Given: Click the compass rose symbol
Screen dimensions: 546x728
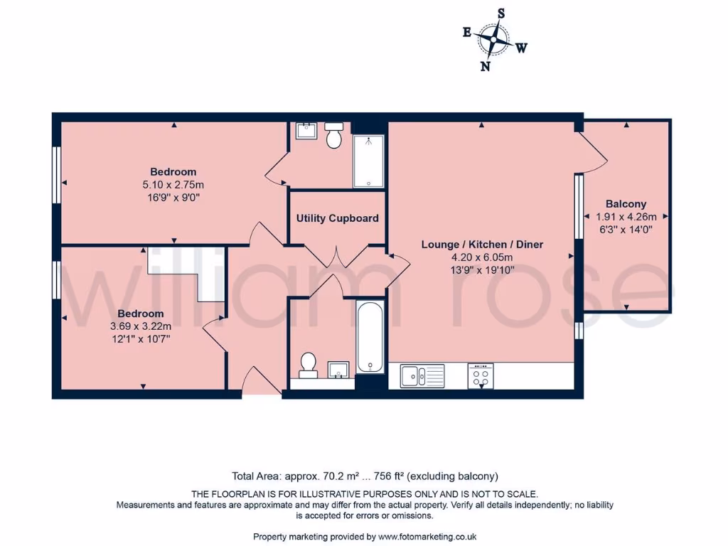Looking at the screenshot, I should (493, 39).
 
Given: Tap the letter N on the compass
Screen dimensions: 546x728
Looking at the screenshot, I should (486, 66).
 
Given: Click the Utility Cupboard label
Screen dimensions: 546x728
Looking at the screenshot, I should (337, 218).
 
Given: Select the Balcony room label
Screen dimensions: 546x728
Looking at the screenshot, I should (626, 204).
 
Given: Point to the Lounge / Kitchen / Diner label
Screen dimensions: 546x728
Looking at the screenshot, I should (482, 245).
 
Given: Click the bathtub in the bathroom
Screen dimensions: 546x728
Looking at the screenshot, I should (370, 337).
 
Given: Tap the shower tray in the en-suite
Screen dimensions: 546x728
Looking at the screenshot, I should (368, 161).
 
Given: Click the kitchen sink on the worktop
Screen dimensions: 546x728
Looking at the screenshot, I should (422, 375).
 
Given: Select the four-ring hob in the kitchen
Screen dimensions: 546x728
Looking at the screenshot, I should (481, 375).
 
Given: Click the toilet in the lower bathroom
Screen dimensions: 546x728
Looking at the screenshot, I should (309, 364).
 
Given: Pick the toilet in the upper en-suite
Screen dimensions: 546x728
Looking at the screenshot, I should (333, 135).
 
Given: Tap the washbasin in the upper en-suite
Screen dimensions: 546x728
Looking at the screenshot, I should (306, 130).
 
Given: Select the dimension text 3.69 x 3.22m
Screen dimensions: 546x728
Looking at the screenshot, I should (140, 326).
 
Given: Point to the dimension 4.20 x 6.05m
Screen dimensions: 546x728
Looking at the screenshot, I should (482, 257).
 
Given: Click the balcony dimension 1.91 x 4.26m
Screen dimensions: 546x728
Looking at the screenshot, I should (626, 217).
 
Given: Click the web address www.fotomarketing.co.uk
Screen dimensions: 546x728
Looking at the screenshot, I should (427, 537).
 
